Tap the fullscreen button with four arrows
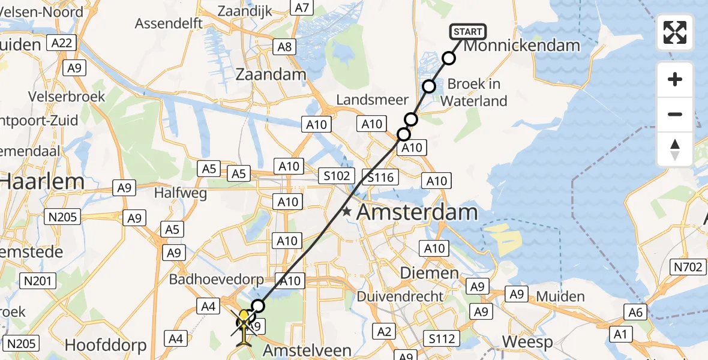click(x=675, y=32)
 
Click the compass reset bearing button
click(x=675, y=149)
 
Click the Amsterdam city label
click(x=418, y=212)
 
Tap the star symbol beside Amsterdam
click(x=347, y=212)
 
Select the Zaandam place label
click(x=271, y=75)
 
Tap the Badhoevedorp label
click(x=212, y=279)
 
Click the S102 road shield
click(x=336, y=175)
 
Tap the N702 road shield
click(x=689, y=266)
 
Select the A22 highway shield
click(x=62, y=43)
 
